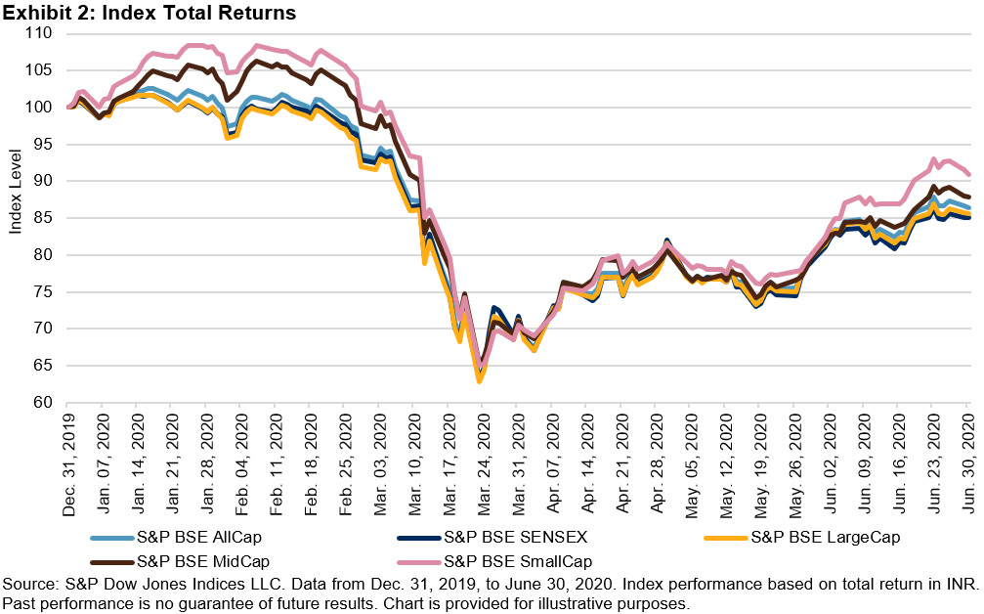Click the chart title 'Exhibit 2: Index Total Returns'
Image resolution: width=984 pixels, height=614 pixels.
[x=149, y=13]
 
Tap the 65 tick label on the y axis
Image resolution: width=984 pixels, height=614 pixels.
[x=46, y=366]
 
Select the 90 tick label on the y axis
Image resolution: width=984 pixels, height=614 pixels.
[x=46, y=181]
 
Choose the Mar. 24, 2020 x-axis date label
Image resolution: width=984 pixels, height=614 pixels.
[x=482, y=454]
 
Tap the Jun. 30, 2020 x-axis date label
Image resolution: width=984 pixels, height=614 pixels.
[x=967, y=454]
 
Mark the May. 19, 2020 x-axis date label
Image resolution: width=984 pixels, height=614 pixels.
[x=760, y=454]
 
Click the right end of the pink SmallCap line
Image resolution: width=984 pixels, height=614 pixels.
[x=967, y=174]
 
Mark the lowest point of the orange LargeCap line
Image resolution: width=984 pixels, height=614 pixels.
[x=479, y=380]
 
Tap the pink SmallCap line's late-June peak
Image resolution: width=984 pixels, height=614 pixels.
[x=933, y=159]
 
